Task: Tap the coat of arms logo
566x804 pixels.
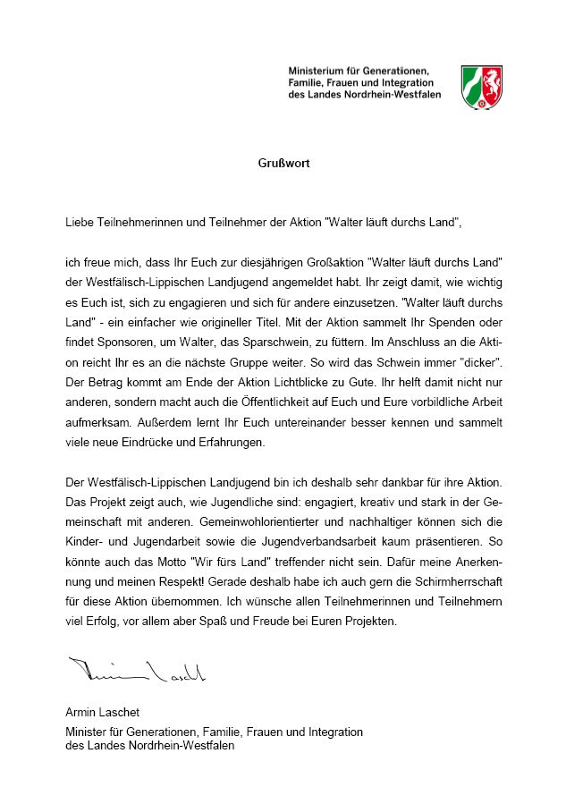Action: click(x=480, y=87)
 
